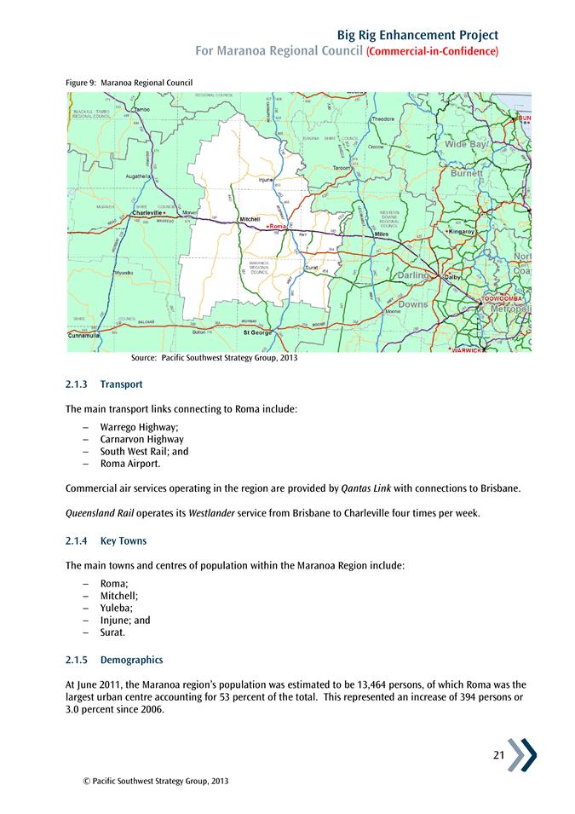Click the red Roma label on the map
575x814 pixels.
pyautogui.click(x=278, y=226)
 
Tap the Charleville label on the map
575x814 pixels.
pyautogui.click(x=147, y=213)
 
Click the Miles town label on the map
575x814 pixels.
pyautogui.click(x=382, y=234)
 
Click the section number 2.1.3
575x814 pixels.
pyautogui.click(x=78, y=385)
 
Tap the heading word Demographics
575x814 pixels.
pyautogui.click(x=131, y=661)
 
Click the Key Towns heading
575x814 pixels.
pyautogui.click(x=124, y=541)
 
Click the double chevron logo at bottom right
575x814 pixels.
pyautogui.click(x=522, y=754)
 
